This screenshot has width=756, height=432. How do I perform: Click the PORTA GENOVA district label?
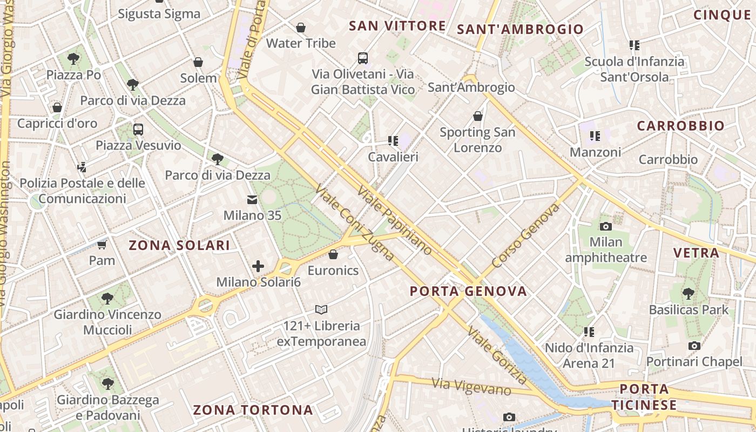[468, 292]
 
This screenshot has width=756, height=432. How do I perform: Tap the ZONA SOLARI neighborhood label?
[179, 245]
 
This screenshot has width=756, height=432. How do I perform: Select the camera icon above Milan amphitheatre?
[605, 226]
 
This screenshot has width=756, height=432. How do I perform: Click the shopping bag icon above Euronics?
[333, 254]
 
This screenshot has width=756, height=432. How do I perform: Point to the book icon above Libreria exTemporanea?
[321, 309]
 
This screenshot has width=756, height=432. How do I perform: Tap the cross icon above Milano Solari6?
[258, 266]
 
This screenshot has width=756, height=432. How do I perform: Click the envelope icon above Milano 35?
[252, 200]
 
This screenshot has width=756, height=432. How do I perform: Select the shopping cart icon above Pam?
[102, 245]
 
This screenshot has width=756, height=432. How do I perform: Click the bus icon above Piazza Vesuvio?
[138, 129]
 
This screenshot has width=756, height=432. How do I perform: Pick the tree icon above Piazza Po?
[73, 58]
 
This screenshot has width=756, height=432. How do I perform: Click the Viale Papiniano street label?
[395, 220]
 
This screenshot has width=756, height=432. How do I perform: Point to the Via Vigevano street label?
[471, 386]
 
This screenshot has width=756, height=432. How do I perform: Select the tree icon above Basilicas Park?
[688, 294]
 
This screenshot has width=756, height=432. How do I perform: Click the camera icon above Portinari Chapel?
[694, 346]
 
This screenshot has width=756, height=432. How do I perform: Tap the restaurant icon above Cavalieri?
[393, 141]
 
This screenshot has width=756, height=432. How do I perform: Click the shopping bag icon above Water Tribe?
[301, 27]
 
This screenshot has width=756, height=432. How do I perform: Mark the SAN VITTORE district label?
[397, 26]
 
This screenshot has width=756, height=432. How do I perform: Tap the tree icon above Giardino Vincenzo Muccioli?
[107, 298]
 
